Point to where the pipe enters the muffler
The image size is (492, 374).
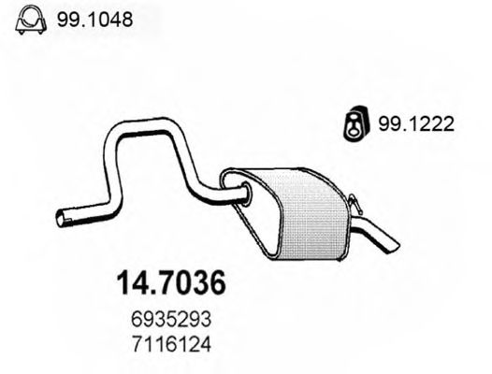pos(245,195)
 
